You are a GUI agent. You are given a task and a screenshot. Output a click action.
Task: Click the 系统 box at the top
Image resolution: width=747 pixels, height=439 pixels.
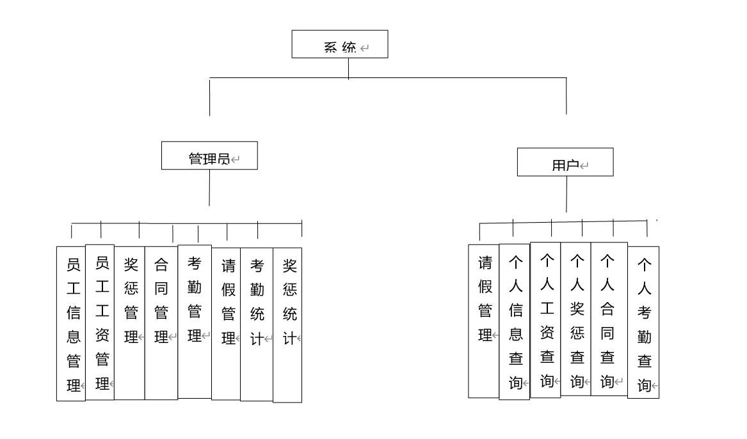click(x=340, y=44)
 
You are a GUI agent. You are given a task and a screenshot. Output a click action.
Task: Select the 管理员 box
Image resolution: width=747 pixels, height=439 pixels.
click(x=209, y=156)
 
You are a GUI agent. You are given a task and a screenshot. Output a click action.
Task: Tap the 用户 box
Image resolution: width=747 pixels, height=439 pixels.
click(x=565, y=162)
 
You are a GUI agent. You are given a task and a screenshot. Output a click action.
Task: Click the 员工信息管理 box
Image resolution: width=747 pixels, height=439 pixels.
click(x=71, y=324)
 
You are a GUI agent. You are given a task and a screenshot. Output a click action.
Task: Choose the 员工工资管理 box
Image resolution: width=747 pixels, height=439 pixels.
click(x=100, y=323)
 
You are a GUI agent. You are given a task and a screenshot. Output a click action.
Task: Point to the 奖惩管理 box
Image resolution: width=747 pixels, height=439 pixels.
click(x=129, y=323)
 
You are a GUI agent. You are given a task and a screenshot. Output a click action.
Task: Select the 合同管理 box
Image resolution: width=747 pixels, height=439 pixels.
click(x=161, y=323)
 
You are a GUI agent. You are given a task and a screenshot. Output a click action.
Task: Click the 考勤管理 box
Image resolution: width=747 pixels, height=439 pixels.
click(x=195, y=322)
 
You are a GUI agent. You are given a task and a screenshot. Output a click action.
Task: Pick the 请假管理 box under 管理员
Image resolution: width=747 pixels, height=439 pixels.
click(x=227, y=324)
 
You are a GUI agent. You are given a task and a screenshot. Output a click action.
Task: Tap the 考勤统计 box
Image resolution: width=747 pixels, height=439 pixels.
click(x=257, y=324)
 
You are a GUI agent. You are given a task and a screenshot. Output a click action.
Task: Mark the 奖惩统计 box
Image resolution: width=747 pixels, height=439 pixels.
click(x=287, y=325)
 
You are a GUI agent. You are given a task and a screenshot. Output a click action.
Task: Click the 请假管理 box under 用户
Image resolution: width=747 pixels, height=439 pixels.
click(x=484, y=321)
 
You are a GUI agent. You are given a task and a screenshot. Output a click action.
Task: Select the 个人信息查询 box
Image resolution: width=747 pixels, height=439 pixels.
click(x=515, y=322)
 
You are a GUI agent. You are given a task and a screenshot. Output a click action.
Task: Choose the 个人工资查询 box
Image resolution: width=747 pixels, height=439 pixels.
click(x=545, y=320)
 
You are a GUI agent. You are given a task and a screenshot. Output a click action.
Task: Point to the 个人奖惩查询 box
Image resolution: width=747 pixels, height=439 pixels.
click(x=576, y=319)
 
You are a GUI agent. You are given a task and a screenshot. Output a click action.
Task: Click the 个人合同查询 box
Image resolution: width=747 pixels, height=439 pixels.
click(x=609, y=319)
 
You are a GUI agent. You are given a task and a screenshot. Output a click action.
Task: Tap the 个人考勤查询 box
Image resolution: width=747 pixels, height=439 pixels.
click(x=643, y=323)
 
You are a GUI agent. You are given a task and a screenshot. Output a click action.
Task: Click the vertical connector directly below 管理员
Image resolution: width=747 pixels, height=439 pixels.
click(x=209, y=188)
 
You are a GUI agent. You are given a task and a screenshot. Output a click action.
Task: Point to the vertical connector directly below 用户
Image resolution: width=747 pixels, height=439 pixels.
click(x=567, y=195)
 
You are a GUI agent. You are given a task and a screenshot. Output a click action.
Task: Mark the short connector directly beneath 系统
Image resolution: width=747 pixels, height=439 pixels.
click(x=349, y=68)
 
